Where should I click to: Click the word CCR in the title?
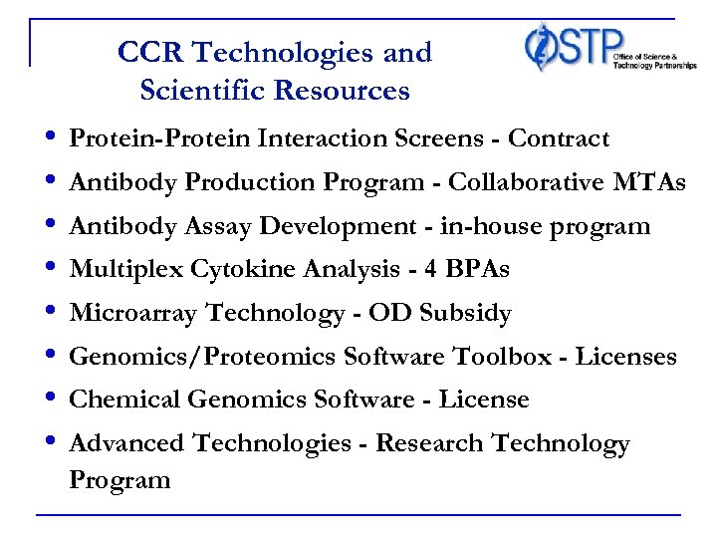(x=144, y=52)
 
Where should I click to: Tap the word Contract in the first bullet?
(x=558, y=138)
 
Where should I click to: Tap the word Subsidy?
(x=467, y=314)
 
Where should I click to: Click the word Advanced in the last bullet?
(x=126, y=443)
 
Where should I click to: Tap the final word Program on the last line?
(x=119, y=480)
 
